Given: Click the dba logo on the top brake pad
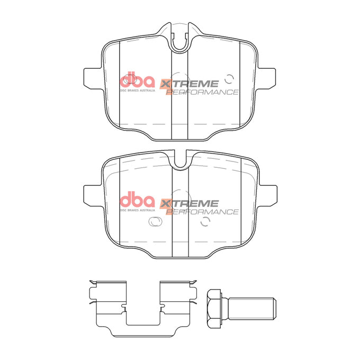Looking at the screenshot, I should point(137,81).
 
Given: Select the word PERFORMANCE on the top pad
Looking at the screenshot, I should point(203,92).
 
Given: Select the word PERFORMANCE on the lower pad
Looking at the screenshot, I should point(203,212).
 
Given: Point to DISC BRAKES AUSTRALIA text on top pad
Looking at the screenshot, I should point(137,91).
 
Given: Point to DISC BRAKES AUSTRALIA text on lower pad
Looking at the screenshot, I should point(137,211).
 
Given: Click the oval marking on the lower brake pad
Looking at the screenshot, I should point(154,222).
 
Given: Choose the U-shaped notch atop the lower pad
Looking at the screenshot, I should point(181,160).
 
